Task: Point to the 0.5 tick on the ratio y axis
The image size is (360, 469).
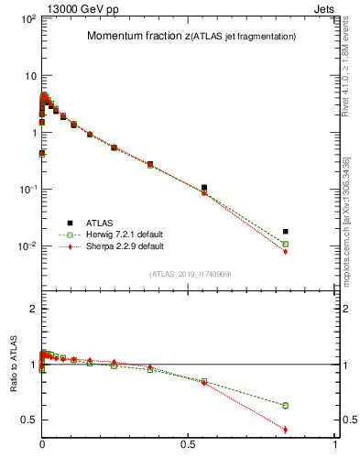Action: pyautogui.click(x=29, y=420)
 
